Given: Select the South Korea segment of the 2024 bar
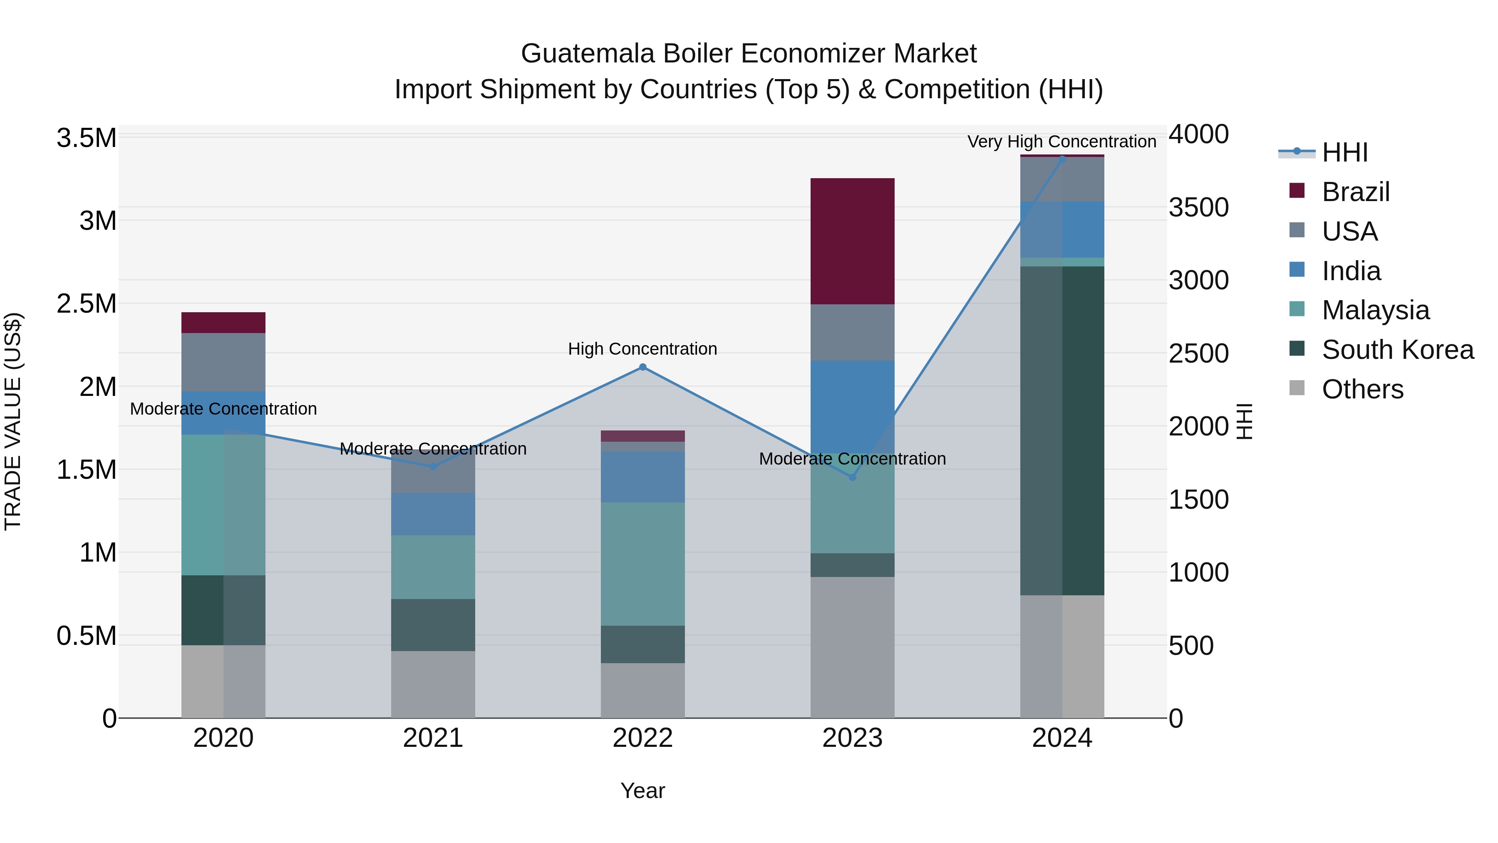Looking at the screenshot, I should (1062, 430).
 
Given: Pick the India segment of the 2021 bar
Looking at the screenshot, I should (433, 514).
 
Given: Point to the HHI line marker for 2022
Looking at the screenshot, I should (642, 367).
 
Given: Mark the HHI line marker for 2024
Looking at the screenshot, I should (1062, 159).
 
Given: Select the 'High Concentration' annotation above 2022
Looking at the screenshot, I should (642, 349).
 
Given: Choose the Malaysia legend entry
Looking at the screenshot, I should (1375, 310).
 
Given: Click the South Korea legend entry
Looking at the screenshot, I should (1397, 350).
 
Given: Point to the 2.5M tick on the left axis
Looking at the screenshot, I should (87, 304).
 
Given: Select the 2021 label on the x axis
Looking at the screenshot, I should (433, 738).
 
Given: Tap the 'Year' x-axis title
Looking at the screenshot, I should (642, 791).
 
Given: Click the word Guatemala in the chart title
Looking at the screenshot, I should (587, 54).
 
